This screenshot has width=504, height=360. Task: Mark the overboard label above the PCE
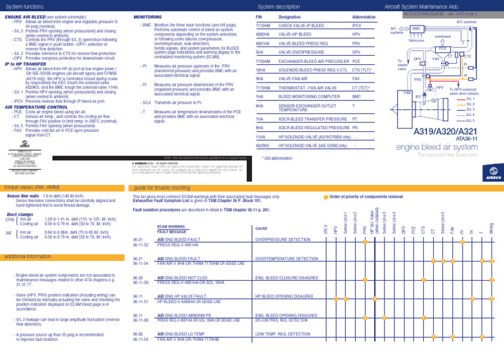442,37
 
